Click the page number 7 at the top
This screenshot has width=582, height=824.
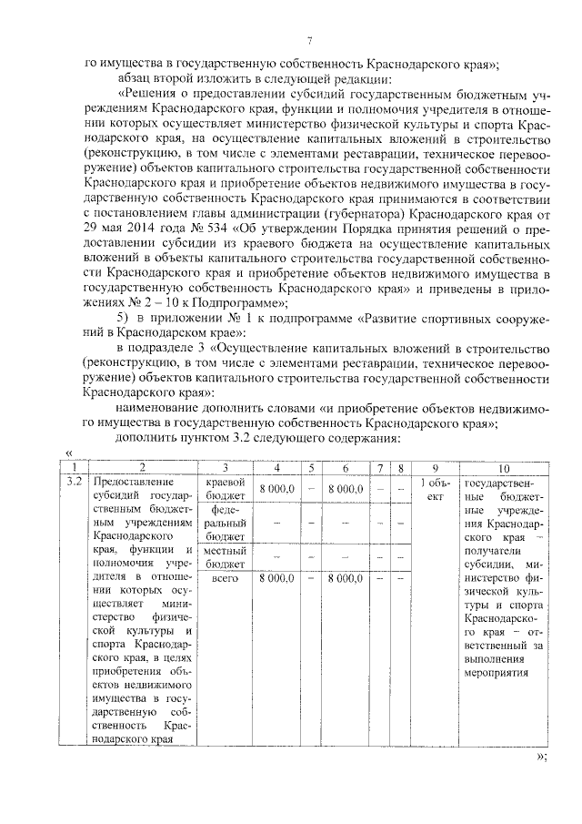309,40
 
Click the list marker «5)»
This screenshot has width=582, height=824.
126,317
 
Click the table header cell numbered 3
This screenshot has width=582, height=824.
224,468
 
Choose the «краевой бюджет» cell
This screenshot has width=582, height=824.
224,489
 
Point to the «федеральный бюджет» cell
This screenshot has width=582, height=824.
224,523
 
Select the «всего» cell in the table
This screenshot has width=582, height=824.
224,578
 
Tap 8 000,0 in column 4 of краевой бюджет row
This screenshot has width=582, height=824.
276,489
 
